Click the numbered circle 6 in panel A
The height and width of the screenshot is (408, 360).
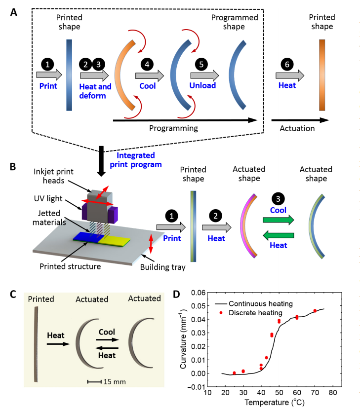click(x=287, y=64)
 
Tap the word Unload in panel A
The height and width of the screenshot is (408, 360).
click(x=202, y=86)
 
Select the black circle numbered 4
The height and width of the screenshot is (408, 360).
click(x=147, y=64)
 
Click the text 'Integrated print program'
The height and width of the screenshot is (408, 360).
click(x=136, y=160)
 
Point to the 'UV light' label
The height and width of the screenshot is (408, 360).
click(x=48, y=198)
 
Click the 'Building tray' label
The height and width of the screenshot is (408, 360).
click(x=163, y=267)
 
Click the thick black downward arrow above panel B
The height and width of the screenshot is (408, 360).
click(x=101, y=161)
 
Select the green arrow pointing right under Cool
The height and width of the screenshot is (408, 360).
click(x=279, y=220)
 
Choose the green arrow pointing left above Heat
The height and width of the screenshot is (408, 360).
click(x=279, y=235)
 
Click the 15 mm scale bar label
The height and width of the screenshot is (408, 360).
click(x=115, y=382)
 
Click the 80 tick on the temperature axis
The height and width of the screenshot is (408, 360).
click(x=333, y=392)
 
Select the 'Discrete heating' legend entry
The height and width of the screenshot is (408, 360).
click(x=251, y=312)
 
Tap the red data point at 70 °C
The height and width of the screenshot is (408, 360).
click(x=315, y=311)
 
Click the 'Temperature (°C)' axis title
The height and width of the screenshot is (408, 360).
click(x=275, y=402)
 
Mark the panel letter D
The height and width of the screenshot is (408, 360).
click(x=176, y=294)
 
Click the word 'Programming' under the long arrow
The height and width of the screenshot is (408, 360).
click(x=173, y=128)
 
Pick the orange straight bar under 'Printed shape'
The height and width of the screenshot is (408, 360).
click(x=322, y=75)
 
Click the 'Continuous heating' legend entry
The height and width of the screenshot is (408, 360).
click(x=254, y=304)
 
